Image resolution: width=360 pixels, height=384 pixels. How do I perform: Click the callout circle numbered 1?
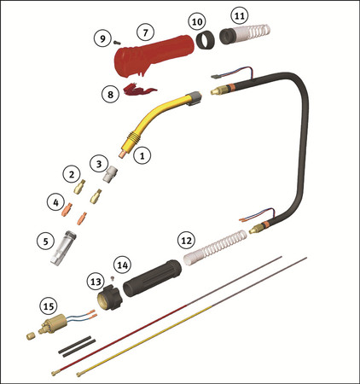pyautogui.click(x=142, y=155)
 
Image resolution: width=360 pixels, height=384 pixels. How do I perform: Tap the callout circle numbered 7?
pyautogui.click(x=146, y=32)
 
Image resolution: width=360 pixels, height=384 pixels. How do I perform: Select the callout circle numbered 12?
pyautogui.click(x=187, y=241)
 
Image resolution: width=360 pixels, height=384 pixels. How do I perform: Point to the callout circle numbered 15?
pyautogui.click(x=49, y=306)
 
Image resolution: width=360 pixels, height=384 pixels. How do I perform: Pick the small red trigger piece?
pyautogui.click(x=139, y=89)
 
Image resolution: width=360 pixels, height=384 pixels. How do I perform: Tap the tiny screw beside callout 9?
pyautogui.click(x=117, y=43)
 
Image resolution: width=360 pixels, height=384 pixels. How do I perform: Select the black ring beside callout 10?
pyautogui.click(x=206, y=41)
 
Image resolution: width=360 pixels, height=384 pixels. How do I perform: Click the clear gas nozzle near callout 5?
pyautogui.click(x=63, y=247)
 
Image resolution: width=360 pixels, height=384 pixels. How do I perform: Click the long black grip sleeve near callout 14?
pyautogui.click(x=153, y=278)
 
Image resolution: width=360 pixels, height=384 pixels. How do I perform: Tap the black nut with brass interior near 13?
pyautogui.click(x=109, y=297)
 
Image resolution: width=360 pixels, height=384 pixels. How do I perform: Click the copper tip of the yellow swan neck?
pyautogui.click(x=123, y=154)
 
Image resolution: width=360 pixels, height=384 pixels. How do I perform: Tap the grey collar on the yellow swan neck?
pyautogui.click(x=194, y=99)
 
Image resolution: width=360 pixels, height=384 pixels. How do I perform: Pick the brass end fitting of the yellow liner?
pyautogui.click(x=80, y=374)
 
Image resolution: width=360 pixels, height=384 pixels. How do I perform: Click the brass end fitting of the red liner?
pyautogui.click(x=55, y=372)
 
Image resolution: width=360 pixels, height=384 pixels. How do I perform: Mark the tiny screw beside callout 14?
pyautogui.click(x=112, y=277)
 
